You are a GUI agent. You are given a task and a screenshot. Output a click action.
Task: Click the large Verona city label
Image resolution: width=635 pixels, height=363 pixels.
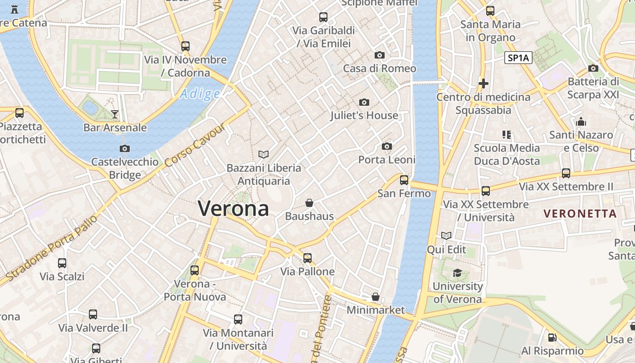click(x=233, y=209)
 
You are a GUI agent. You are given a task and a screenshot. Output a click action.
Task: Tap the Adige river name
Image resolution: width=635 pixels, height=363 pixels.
click(x=200, y=94)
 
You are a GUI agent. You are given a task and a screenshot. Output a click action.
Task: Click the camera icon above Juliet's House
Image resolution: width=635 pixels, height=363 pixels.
click(x=364, y=102)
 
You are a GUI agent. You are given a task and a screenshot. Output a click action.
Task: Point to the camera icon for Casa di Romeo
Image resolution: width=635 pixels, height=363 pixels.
click(x=380, y=55)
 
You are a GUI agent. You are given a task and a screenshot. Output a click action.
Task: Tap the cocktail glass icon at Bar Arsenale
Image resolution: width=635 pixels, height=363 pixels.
click(x=115, y=114)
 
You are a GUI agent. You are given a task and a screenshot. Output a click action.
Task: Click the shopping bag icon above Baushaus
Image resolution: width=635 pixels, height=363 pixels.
click(x=309, y=202)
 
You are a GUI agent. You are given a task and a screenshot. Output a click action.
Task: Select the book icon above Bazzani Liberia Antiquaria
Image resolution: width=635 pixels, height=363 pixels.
click(x=264, y=154)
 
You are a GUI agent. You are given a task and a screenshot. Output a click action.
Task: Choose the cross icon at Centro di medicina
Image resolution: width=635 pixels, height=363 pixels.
click(x=484, y=83)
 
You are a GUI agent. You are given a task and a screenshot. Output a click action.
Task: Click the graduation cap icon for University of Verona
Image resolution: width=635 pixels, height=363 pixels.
click(x=457, y=273)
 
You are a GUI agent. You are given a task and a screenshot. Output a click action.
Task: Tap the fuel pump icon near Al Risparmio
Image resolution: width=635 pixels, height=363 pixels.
click(x=552, y=337)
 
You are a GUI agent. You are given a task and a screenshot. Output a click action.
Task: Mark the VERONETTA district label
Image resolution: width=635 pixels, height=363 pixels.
click(x=580, y=213)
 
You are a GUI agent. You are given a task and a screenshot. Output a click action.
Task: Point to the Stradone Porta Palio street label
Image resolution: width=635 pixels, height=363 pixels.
click(x=52, y=247)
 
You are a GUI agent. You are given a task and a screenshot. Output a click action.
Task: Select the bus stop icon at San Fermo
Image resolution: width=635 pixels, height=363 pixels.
click(x=404, y=180)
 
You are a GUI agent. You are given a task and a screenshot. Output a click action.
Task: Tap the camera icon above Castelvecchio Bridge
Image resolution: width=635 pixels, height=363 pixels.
click(x=125, y=148)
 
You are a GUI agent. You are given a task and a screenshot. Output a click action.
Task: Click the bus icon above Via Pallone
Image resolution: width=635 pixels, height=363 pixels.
click(x=308, y=258)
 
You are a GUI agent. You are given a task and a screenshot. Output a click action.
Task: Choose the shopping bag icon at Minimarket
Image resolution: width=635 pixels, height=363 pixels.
click(x=376, y=297)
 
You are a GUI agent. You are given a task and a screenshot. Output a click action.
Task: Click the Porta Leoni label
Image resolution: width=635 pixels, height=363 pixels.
click(x=387, y=160)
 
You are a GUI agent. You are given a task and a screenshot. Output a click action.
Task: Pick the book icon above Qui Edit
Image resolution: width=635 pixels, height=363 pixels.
click(x=446, y=235)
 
